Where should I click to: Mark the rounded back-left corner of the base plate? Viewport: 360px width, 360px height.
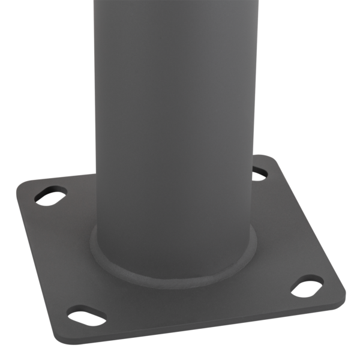tap(20, 188)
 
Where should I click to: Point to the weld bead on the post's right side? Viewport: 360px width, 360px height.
tap(257, 240)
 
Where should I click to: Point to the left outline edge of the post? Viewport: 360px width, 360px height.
tap(95, 120)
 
